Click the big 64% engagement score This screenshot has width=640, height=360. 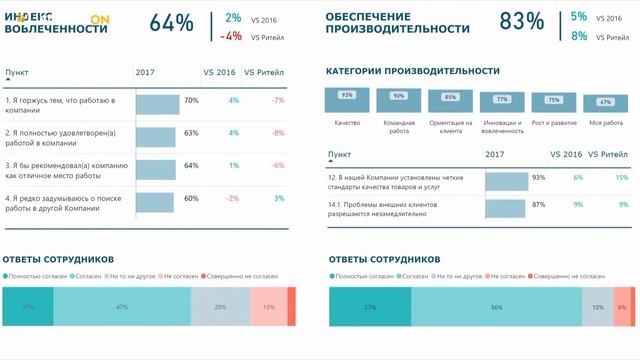pyautogui.click(x=171, y=24)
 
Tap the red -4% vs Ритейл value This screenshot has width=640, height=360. pyautogui.click(x=233, y=37)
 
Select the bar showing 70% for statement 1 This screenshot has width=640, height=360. pyautogui.click(x=157, y=101)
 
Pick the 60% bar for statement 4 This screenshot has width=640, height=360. pyautogui.click(x=155, y=199)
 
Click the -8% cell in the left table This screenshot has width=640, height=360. pyautogui.click(x=279, y=133)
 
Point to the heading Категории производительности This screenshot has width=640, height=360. pyautogui.click(x=413, y=71)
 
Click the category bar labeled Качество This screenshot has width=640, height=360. pyautogui.click(x=347, y=99)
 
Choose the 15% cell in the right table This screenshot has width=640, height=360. pyautogui.click(x=622, y=177)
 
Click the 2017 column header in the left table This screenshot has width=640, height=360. pyautogui.click(x=145, y=73)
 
